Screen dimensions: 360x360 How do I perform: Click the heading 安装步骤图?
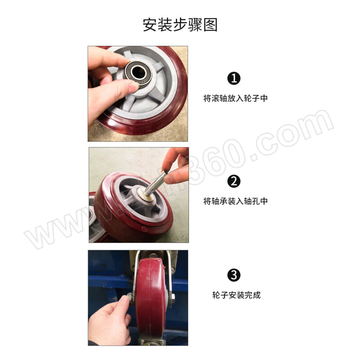click(180, 25)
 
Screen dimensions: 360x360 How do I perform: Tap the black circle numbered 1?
click(234, 78)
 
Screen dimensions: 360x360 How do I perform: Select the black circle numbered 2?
click(234, 181)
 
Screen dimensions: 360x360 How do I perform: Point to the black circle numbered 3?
click(234, 275)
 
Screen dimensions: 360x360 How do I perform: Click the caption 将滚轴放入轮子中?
click(235, 98)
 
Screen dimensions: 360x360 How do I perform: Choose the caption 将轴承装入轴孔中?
click(235, 201)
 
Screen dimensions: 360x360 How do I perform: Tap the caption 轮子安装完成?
click(236, 295)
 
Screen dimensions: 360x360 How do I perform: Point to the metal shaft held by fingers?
click(154, 184)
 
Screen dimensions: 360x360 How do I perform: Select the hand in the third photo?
click(109, 321)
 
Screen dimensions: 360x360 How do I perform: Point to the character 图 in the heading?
click(211, 25)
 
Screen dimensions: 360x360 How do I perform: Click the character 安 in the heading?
click(150, 25)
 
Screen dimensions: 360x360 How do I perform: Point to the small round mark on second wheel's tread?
click(144, 229)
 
